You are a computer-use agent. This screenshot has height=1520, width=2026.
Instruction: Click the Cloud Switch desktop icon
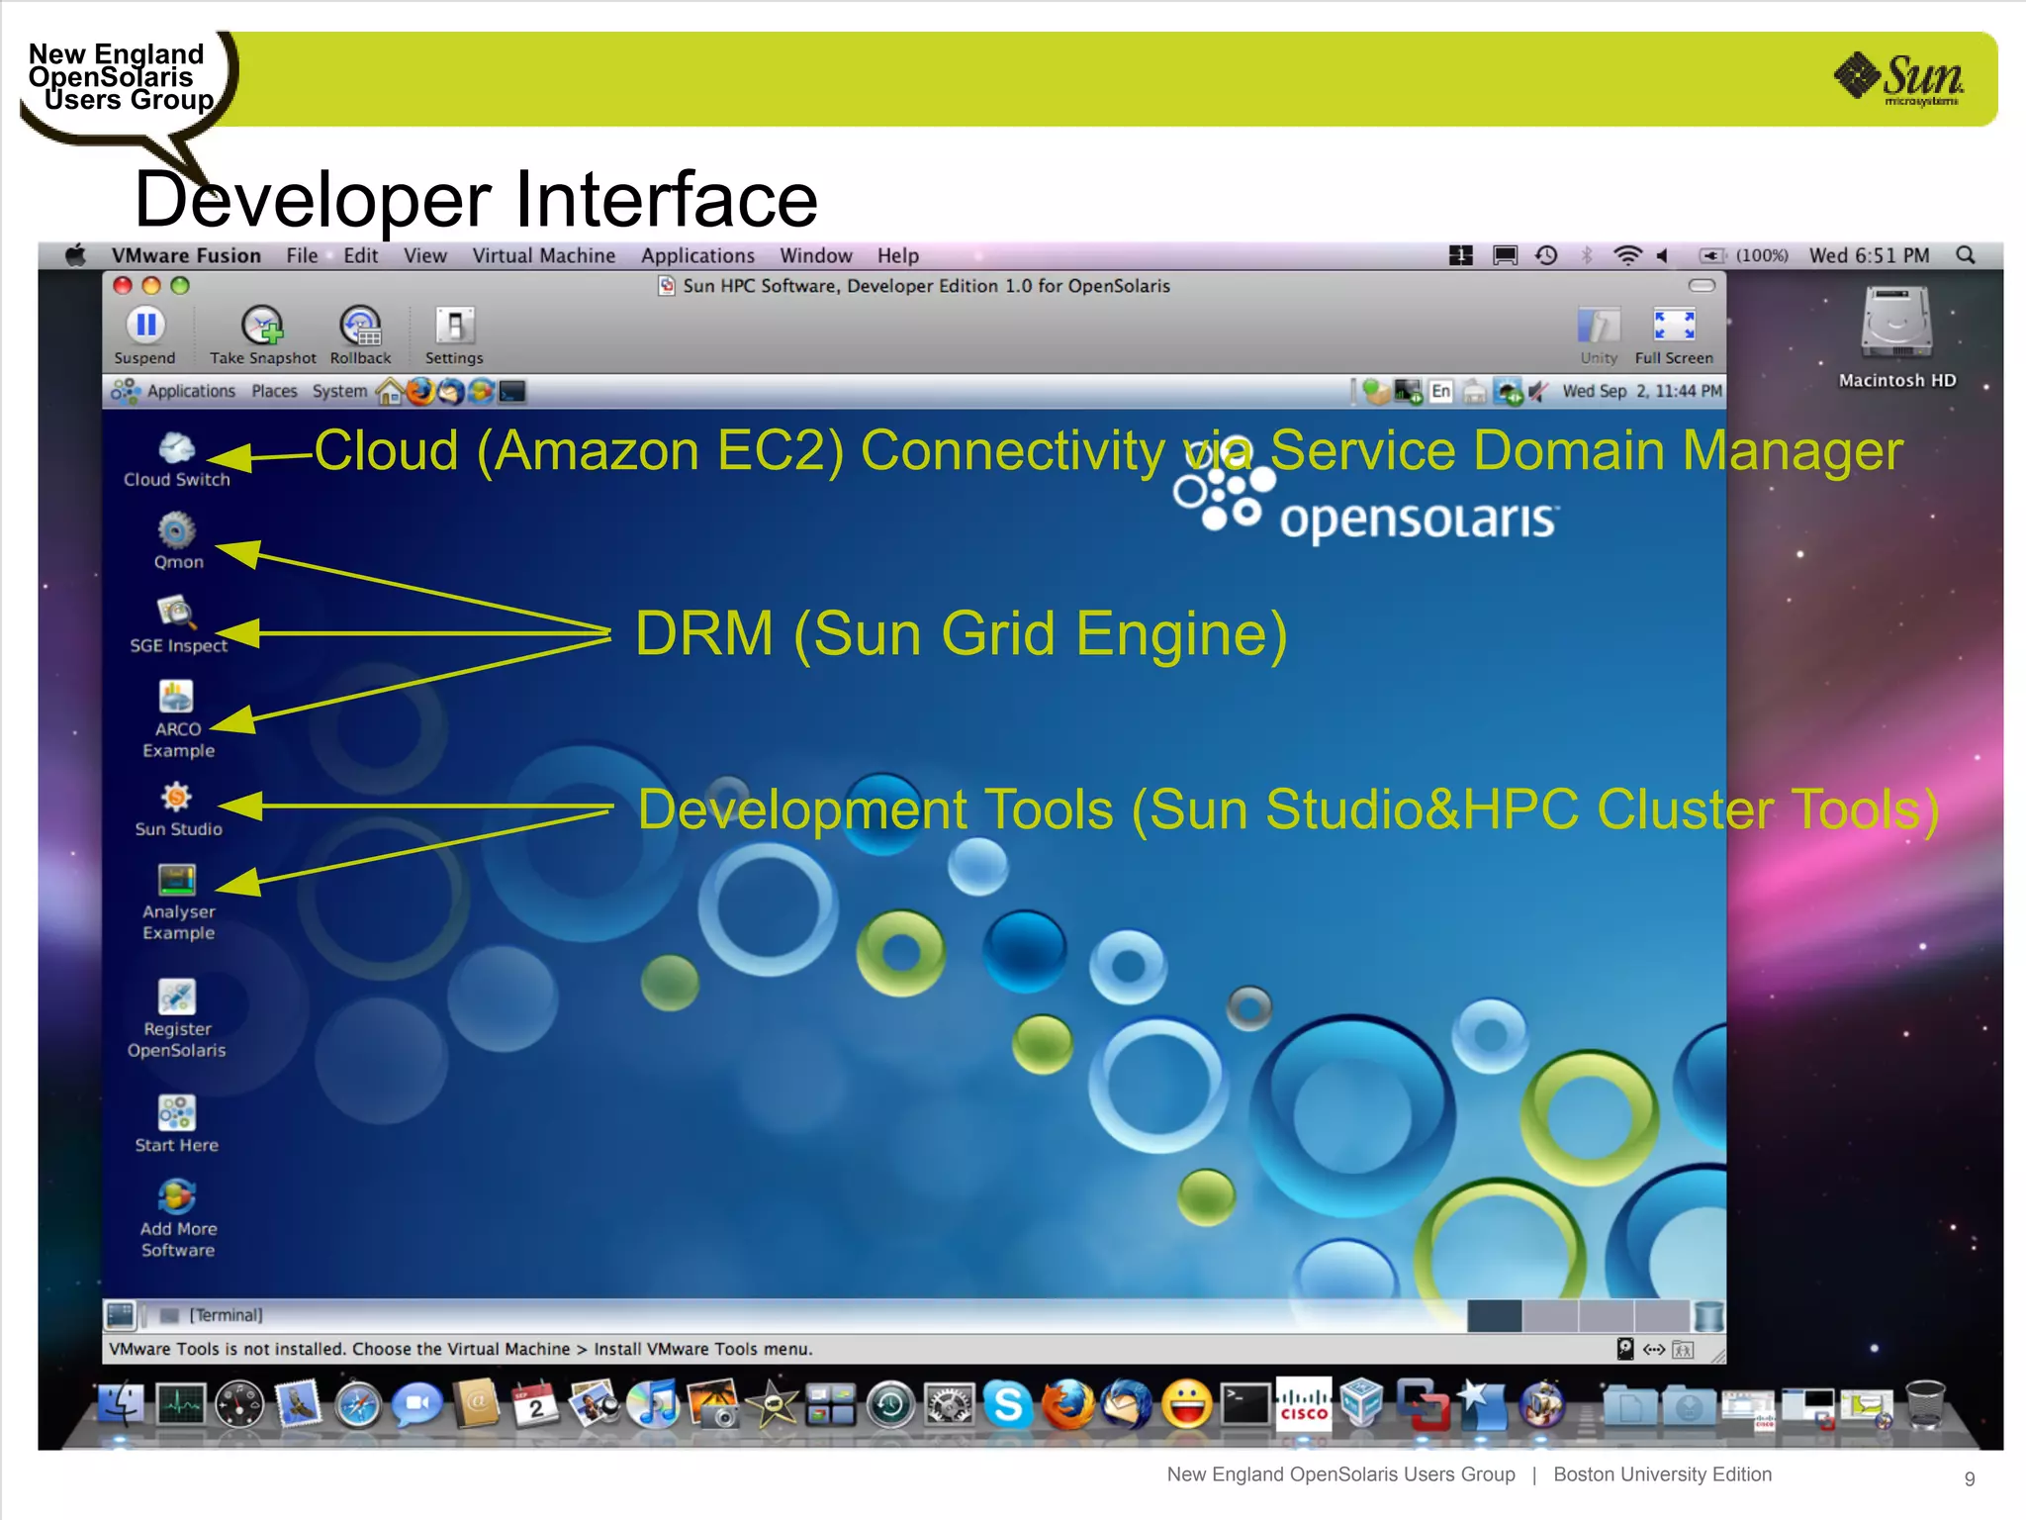176,449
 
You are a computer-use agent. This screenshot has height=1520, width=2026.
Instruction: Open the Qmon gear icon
177,531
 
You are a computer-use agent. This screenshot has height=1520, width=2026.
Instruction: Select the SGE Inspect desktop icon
176,614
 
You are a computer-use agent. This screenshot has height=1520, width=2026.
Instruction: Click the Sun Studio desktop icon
176,798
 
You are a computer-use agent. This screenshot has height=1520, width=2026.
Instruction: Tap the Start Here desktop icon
176,1113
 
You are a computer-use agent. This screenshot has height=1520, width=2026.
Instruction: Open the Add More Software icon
176,1197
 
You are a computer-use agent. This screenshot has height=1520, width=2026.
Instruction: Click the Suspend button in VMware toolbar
145,326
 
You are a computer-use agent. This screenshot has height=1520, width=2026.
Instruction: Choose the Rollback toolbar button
360,326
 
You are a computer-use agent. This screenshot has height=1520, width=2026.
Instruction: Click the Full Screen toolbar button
1674,326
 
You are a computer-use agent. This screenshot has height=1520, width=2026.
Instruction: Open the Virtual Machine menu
543,256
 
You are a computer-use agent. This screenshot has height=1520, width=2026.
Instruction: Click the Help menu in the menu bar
897,256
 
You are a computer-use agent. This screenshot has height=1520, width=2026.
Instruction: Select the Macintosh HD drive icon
1896,323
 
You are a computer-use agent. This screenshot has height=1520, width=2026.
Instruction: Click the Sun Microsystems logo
1899,78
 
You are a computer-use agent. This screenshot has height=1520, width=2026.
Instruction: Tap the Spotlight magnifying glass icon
1966,255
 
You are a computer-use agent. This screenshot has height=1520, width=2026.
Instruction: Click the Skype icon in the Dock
1009,1404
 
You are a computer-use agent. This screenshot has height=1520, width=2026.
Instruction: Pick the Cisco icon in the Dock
1304,1402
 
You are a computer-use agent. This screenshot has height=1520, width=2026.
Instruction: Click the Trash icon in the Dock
1925,1404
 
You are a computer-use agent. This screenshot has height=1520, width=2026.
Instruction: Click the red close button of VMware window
123,286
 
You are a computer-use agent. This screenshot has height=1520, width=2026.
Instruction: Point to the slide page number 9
1969,1478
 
